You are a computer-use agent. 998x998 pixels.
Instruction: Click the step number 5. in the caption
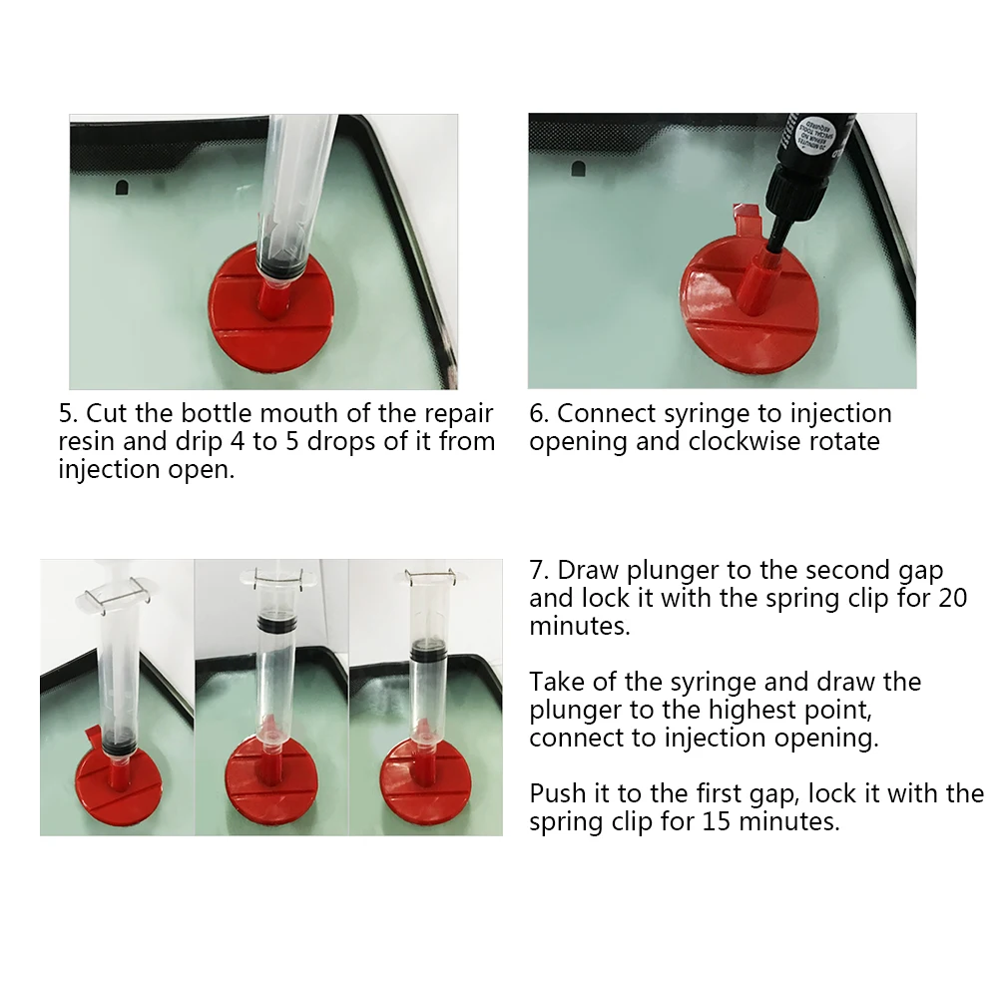click(x=68, y=414)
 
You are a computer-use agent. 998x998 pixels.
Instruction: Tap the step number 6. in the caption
click(x=539, y=414)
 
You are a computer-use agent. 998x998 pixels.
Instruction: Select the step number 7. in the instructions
click(x=539, y=570)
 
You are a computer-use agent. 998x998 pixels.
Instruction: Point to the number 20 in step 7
click(x=953, y=598)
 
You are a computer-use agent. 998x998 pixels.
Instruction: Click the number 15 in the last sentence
click(x=716, y=821)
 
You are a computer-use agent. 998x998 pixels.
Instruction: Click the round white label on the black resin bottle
click(x=816, y=135)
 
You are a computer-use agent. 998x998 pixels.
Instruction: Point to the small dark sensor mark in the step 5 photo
click(x=121, y=188)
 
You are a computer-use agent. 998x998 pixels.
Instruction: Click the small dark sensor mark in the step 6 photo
click(x=578, y=169)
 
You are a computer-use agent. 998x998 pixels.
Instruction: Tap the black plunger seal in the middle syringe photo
click(x=276, y=622)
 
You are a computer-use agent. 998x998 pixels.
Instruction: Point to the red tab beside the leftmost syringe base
click(x=93, y=738)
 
